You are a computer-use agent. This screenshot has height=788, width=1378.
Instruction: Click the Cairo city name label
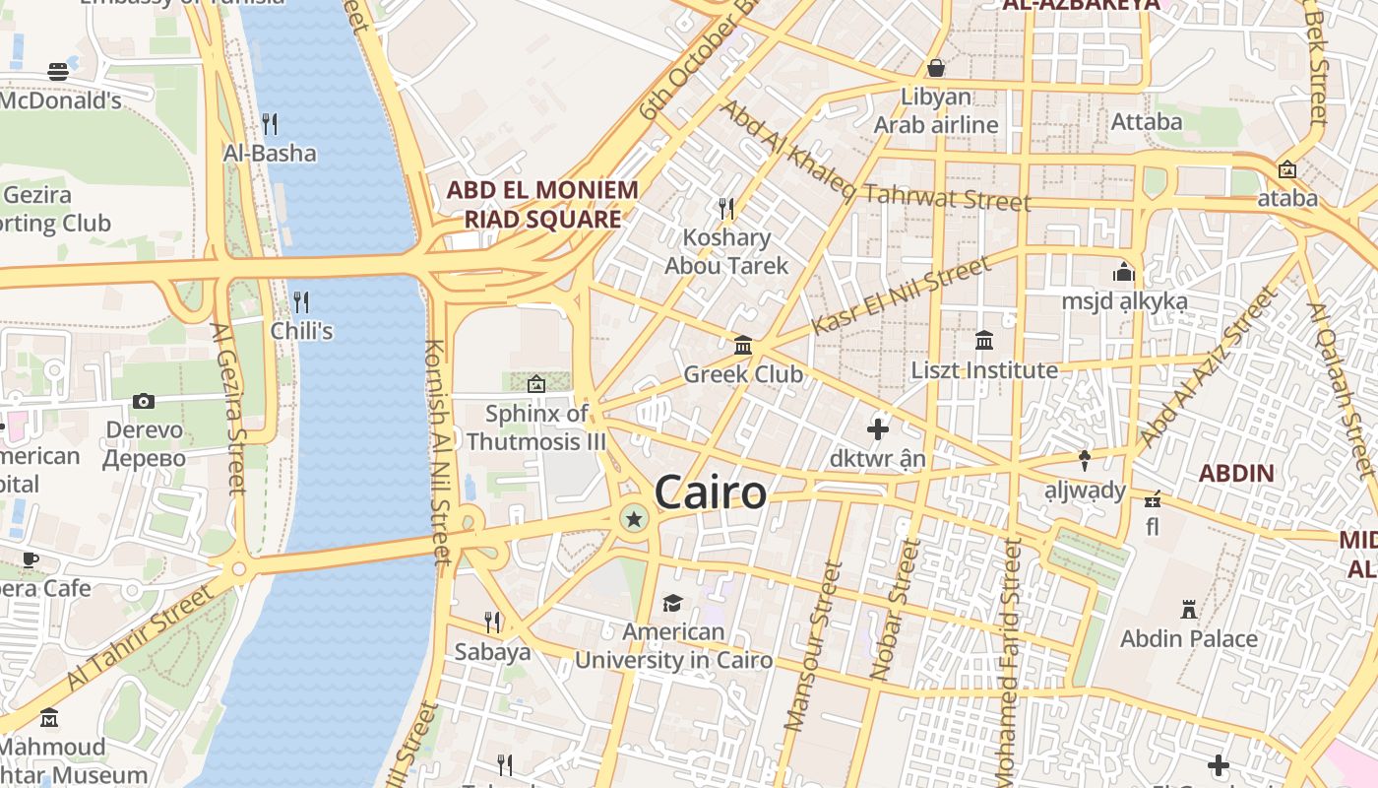click(710, 492)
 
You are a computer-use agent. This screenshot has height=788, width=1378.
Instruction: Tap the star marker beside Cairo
click(635, 518)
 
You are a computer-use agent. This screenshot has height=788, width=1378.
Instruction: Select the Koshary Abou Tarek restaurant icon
click(726, 208)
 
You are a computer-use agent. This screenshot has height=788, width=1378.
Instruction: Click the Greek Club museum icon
click(743, 346)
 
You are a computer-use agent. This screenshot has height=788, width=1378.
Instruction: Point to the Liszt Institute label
click(983, 370)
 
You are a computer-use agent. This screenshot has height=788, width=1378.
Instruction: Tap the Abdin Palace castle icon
click(1189, 610)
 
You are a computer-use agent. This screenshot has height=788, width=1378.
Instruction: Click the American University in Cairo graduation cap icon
click(672, 603)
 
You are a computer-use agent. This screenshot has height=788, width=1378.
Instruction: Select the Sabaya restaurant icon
click(491, 623)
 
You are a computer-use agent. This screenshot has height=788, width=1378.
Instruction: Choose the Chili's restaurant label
click(301, 331)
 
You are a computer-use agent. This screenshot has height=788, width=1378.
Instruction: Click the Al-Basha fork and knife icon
click(269, 124)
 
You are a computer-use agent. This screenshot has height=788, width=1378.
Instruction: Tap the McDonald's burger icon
click(58, 72)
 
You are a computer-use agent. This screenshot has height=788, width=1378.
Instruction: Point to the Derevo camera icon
click(144, 401)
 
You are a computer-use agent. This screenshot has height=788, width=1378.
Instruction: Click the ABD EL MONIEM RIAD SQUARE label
click(542, 204)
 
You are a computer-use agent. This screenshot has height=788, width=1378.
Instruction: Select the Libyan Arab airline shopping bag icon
click(936, 68)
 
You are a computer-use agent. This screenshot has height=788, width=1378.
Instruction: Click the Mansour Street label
click(813, 645)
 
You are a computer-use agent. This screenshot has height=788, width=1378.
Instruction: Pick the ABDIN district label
click(1236, 473)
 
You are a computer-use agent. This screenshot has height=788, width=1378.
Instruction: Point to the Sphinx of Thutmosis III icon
click(536, 384)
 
